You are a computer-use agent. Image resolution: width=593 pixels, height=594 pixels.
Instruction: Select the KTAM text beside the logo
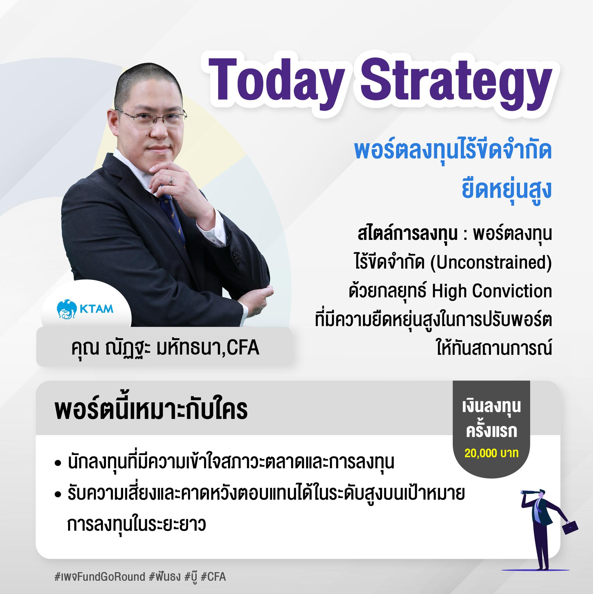point(96,308)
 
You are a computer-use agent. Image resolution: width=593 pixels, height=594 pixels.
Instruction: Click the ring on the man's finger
point(172,180)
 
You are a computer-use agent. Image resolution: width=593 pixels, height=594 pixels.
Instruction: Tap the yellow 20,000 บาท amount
point(492,454)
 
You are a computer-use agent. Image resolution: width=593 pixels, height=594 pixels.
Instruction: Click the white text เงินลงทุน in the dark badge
point(491,407)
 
